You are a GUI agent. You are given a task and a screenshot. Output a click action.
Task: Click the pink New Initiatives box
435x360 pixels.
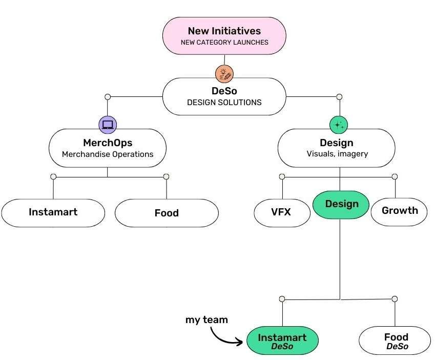[224, 35]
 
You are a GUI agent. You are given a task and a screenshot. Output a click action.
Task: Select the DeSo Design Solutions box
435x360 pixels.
[224, 96]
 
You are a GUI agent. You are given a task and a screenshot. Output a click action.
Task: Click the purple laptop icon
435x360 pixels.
[108, 124]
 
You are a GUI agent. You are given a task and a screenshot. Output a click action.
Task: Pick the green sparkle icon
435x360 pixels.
[338, 124]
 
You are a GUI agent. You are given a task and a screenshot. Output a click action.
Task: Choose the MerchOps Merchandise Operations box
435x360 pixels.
[107, 148]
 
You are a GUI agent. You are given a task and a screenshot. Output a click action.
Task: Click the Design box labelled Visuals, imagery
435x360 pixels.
[337, 148]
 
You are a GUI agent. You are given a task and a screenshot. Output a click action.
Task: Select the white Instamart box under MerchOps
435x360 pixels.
[53, 212]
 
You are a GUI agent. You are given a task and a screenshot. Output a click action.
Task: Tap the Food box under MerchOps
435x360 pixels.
[167, 213]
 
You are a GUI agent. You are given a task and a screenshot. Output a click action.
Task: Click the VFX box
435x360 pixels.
[282, 211]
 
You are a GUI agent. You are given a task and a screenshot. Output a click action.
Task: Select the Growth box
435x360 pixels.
[400, 211]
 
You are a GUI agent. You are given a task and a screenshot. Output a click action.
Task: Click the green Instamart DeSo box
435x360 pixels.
[282, 341]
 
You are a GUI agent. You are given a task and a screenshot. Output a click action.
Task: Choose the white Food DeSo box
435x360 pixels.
[396, 341]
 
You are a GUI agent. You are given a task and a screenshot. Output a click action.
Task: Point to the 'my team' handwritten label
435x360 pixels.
[206, 319]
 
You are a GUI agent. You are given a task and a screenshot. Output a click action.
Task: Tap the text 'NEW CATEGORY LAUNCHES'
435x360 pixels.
[224, 43]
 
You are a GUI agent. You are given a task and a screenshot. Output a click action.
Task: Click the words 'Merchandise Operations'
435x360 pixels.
[107, 154]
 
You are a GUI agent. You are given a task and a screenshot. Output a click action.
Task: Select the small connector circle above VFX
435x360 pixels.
[282, 176]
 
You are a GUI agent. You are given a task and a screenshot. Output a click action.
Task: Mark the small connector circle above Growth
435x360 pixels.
[395, 176]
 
